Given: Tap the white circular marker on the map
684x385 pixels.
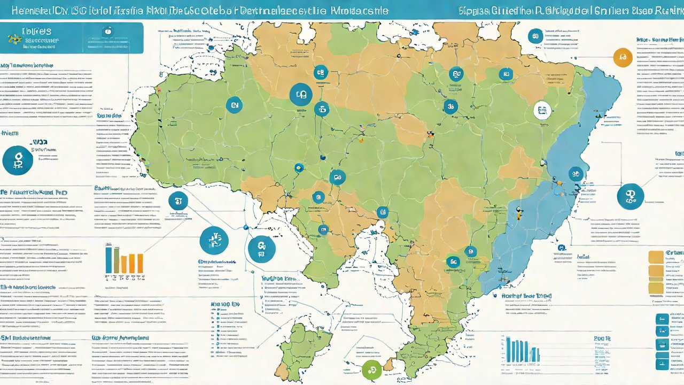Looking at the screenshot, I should click(542, 111).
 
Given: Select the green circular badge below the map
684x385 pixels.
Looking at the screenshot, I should click(372, 369).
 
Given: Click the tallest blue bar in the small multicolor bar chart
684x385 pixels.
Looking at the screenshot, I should click(109, 260).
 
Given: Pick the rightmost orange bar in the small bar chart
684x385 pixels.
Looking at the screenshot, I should click(140, 263).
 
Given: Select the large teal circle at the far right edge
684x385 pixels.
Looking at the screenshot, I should click(630, 196).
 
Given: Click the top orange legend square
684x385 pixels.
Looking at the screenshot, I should click(655, 257).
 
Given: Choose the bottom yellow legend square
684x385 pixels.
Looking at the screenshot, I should click(655, 288).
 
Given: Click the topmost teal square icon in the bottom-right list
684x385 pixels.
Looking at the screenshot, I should click(662, 319).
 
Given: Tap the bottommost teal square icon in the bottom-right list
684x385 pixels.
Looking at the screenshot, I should click(662, 364).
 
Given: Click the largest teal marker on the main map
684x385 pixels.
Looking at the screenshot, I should click(300, 95).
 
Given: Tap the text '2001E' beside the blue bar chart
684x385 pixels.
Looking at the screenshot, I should click(602, 339).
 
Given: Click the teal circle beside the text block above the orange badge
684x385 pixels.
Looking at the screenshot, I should click(534, 36).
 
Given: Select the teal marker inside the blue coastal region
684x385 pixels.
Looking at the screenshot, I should click(575, 173).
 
